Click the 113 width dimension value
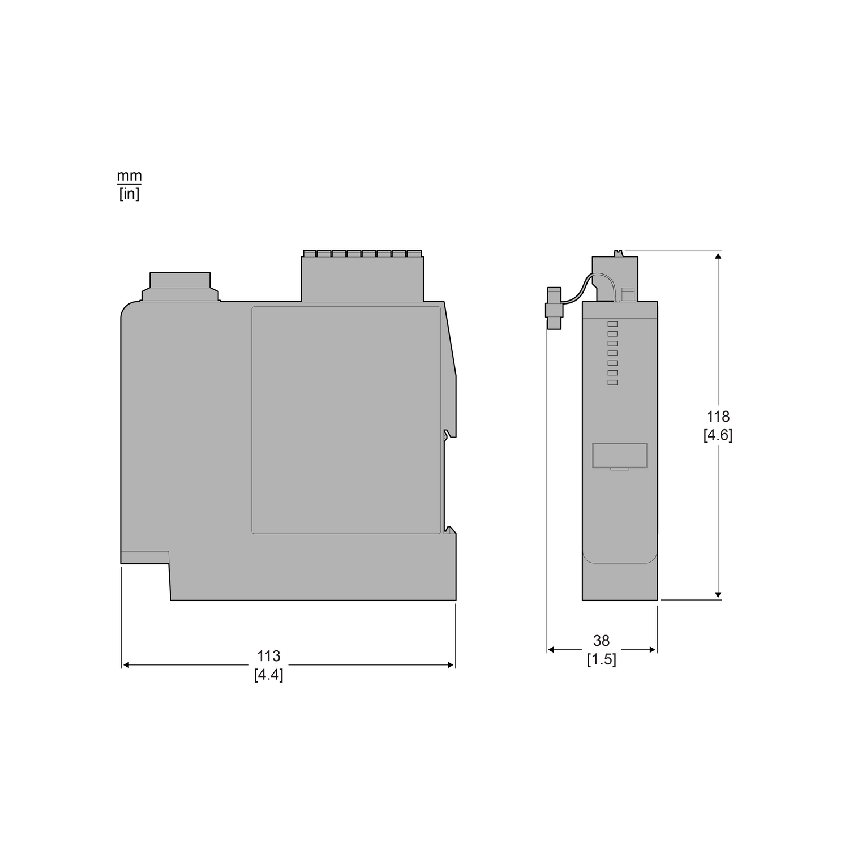click(x=269, y=656)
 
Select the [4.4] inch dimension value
click(x=269, y=675)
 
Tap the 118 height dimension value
click(x=718, y=417)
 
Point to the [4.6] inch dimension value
click(x=718, y=435)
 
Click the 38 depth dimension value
click(x=601, y=641)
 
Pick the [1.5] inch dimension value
click(x=601, y=659)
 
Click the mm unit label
click(x=129, y=176)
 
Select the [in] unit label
click(x=129, y=195)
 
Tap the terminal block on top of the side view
click(x=362, y=276)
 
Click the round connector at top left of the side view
click(x=180, y=287)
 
